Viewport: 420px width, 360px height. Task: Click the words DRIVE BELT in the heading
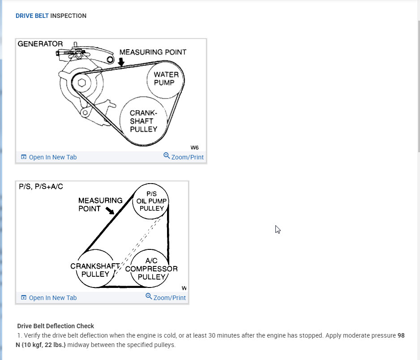click(x=32, y=16)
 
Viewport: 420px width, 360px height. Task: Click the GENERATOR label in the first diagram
click(x=40, y=44)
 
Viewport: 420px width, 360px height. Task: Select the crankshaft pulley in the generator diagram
click(x=144, y=121)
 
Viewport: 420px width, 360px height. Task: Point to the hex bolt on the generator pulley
click(x=81, y=83)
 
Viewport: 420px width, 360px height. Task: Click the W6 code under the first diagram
click(x=194, y=147)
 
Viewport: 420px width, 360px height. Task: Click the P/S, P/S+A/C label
click(x=41, y=186)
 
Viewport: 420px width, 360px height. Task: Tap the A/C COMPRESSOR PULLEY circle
click(x=151, y=269)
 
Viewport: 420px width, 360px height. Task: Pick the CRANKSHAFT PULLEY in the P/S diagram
click(x=95, y=270)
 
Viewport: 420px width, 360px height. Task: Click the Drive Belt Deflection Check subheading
click(x=56, y=326)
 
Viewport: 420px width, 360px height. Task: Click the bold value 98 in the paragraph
click(x=401, y=335)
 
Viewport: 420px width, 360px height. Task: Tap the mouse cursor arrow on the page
click(x=278, y=229)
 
